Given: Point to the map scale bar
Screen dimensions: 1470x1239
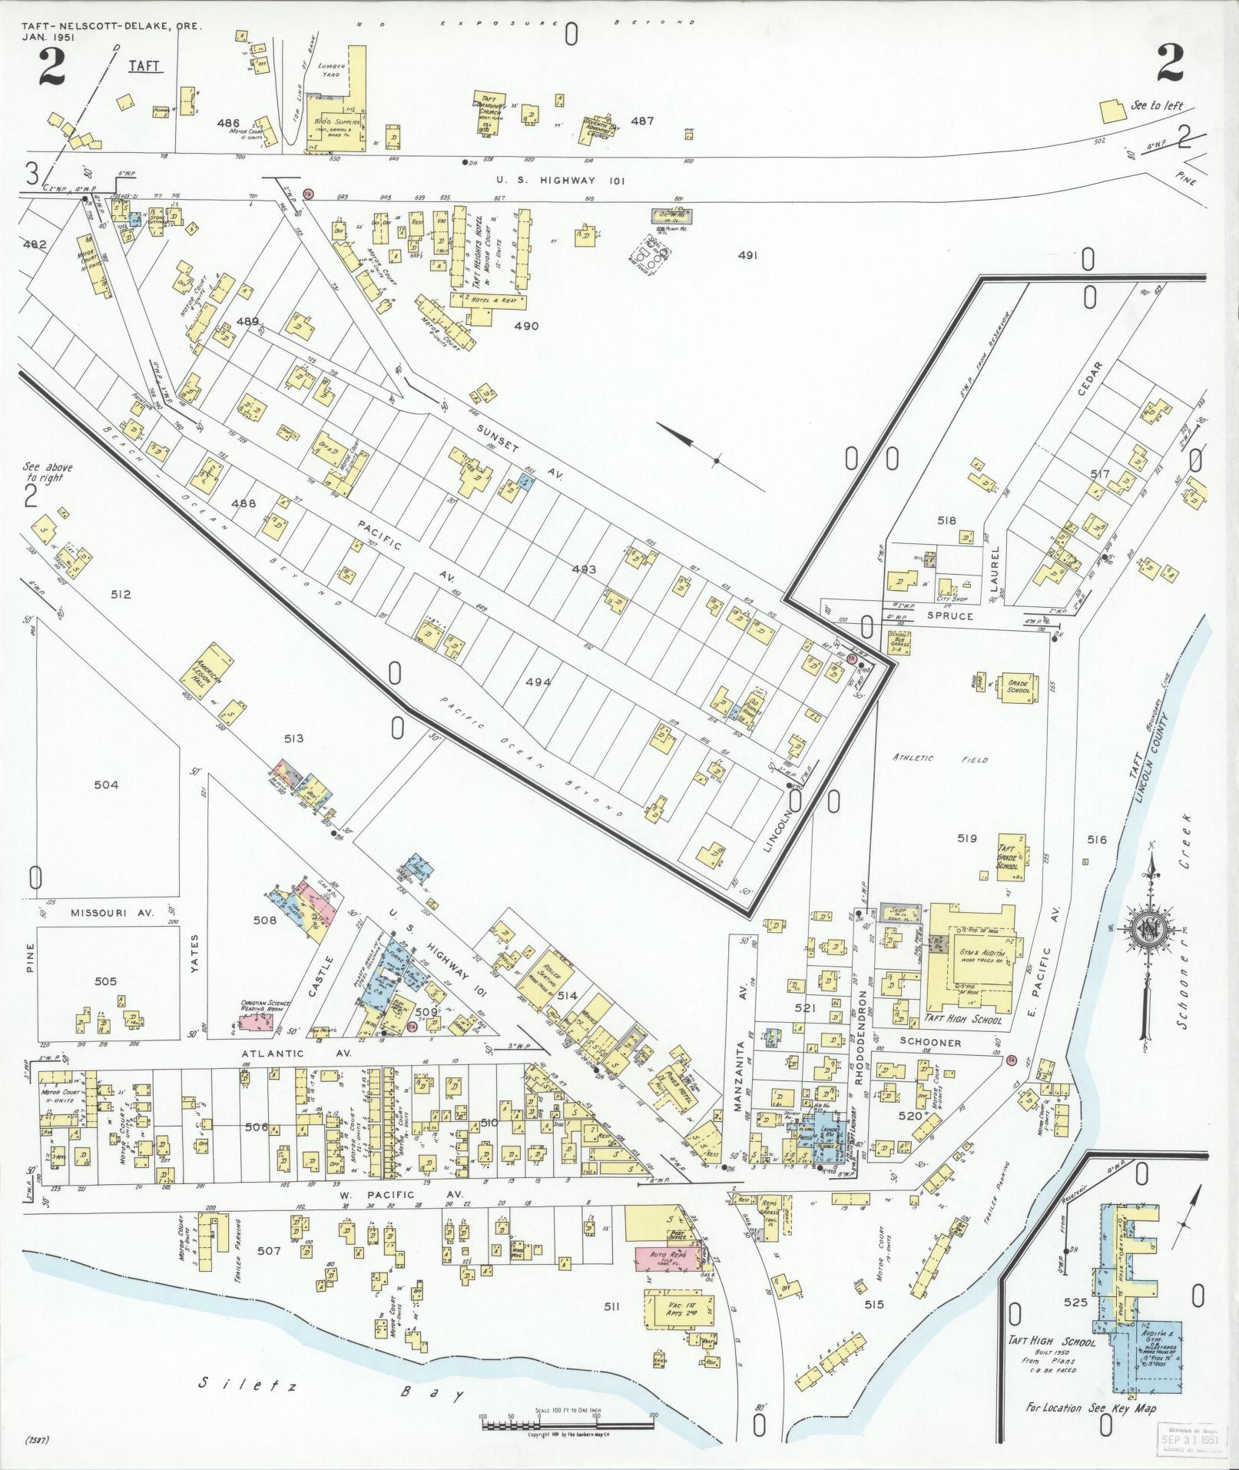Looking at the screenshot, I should click(x=568, y=1425).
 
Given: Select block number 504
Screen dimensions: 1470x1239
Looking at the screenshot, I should click(x=106, y=785).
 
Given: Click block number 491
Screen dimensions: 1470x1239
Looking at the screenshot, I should click(x=746, y=255).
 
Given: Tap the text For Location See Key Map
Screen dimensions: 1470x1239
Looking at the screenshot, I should click(x=1090, y=1409).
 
